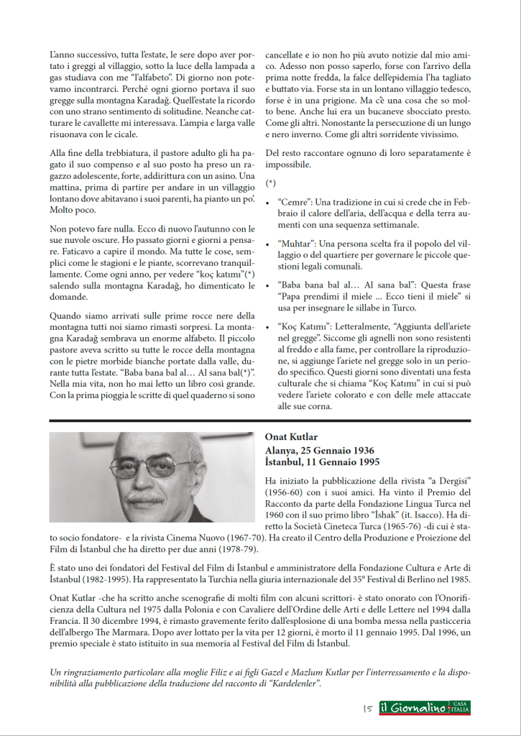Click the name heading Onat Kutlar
click(291, 437)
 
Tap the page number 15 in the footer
click(366, 709)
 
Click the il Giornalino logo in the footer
click(412, 709)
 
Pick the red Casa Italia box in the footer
click(460, 709)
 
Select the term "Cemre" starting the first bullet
click(293, 201)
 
